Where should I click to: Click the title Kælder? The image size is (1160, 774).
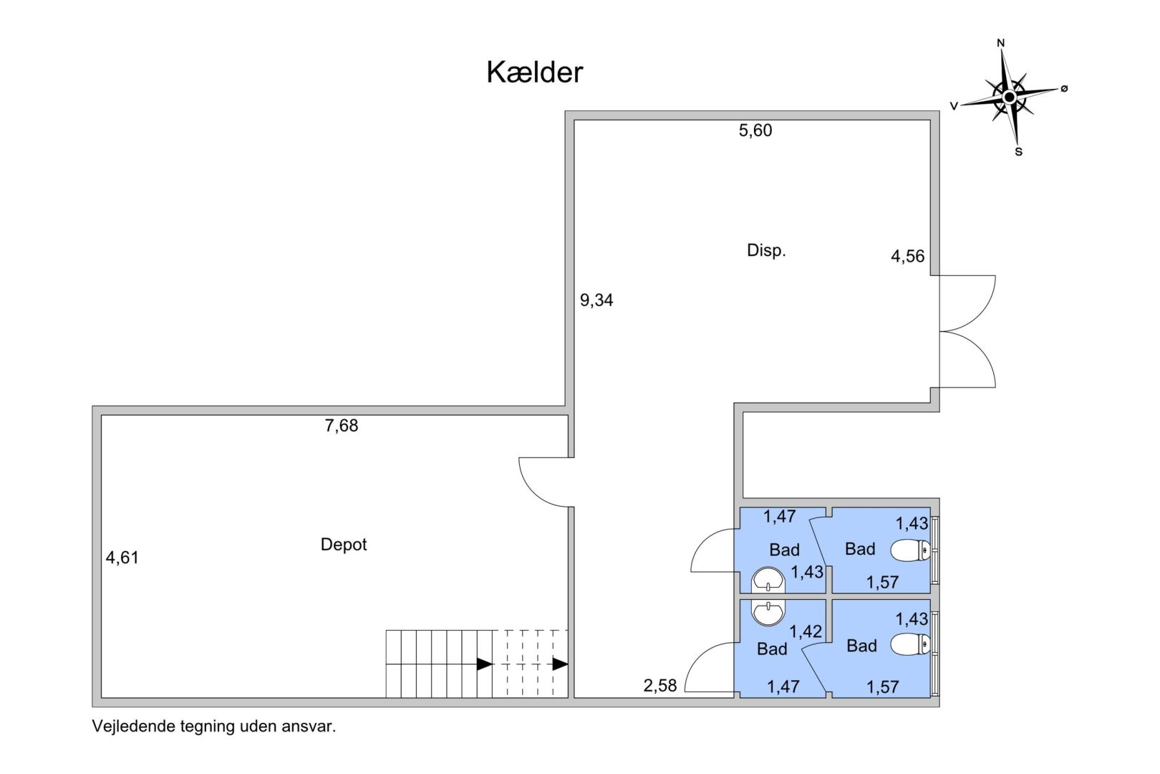coord(534,72)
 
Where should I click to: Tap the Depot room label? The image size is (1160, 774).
coord(343,545)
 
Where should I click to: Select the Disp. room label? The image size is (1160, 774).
coord(766,251)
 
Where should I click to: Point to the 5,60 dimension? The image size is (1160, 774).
coord(755,130)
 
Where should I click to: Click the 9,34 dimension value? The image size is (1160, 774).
coord(596,300)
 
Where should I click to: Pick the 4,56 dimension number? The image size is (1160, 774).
coord(907,256)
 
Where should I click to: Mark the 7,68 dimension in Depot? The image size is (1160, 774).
coord(342,426)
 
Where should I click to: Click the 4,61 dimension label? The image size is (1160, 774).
coord(122,558)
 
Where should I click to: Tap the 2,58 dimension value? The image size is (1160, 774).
coord(659,686)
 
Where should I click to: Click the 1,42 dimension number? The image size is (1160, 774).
coord(806,631)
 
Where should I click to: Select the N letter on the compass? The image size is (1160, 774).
coord(1001,44)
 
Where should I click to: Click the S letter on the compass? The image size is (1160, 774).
coord(1019,152)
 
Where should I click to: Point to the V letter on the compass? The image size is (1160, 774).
coord(954,106)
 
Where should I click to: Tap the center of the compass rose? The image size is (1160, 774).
coord(1010,97)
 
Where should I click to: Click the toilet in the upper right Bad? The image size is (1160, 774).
coord(910,550)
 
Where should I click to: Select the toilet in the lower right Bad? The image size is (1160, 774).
coord(910,644)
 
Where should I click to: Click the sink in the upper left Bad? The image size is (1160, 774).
coord(768,580)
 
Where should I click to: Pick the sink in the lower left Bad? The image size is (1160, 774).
coord(768,613)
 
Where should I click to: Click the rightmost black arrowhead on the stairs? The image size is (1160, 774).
coord(561,664)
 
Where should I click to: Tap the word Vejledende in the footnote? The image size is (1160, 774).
coord(134,726)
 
